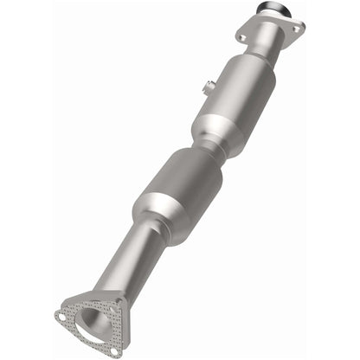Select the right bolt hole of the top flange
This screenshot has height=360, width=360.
point(296,28)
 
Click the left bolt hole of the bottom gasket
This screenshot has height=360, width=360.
point(61,316)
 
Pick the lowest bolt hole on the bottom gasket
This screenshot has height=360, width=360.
point(113,351)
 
